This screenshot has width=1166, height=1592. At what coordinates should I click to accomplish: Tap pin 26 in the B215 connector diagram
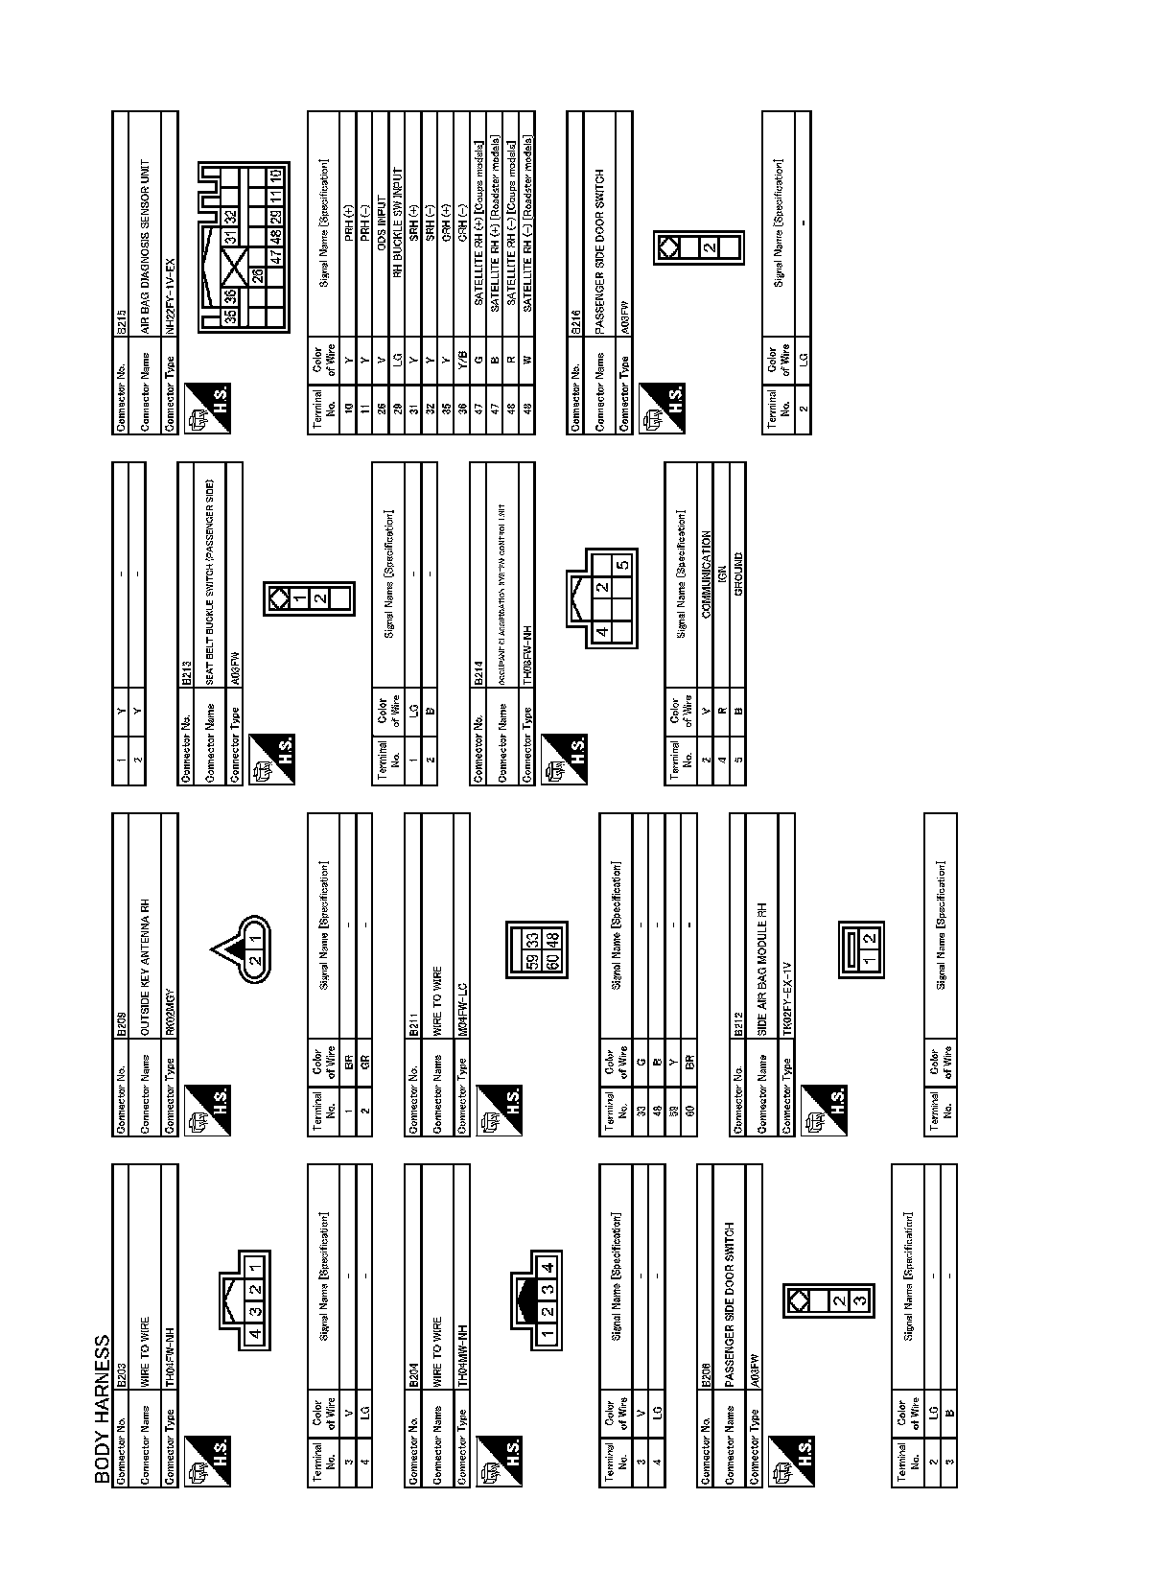click(258, 275)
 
